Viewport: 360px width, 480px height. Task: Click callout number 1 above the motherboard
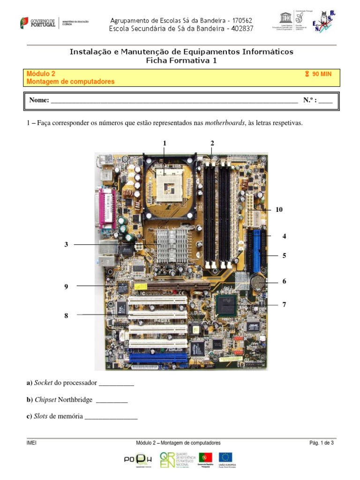click(x=165, y=143)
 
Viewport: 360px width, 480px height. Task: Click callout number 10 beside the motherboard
click(x=279, y=210)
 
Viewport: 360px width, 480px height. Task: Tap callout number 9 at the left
click(x=67, y=286)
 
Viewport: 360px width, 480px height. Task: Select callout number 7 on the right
click(x=284, y=305)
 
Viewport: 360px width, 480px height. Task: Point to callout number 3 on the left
click(x=67, y=244)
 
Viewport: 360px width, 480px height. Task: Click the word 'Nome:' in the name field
click(x=39, y=100)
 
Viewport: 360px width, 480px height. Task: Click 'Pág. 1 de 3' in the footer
click(x=321, y=442)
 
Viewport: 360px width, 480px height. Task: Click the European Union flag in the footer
click(x=226, y=458)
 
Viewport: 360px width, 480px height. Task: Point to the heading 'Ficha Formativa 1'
click(x=181, y=60)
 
